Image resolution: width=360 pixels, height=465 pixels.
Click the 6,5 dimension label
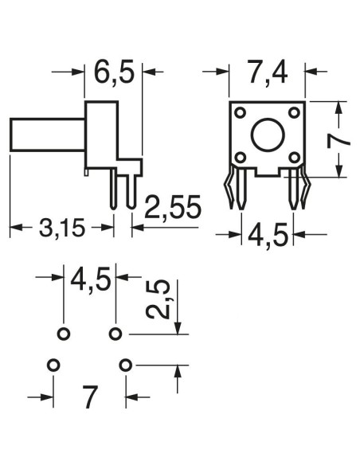click(114, 72)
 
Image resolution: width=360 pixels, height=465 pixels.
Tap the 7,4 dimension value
click(267, 72)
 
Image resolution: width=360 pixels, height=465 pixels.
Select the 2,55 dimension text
click(173, 207)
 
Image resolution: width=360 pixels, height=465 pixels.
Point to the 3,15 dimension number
click(62, 228)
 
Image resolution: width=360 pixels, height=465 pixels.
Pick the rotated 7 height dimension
click(338, 141)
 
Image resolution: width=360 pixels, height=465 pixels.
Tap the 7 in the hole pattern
click(89, 397)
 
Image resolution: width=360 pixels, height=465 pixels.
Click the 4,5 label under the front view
click(268, 236)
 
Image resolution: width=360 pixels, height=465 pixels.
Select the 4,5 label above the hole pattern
click(91, 279)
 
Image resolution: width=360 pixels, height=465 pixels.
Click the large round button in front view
click(268, 135)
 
